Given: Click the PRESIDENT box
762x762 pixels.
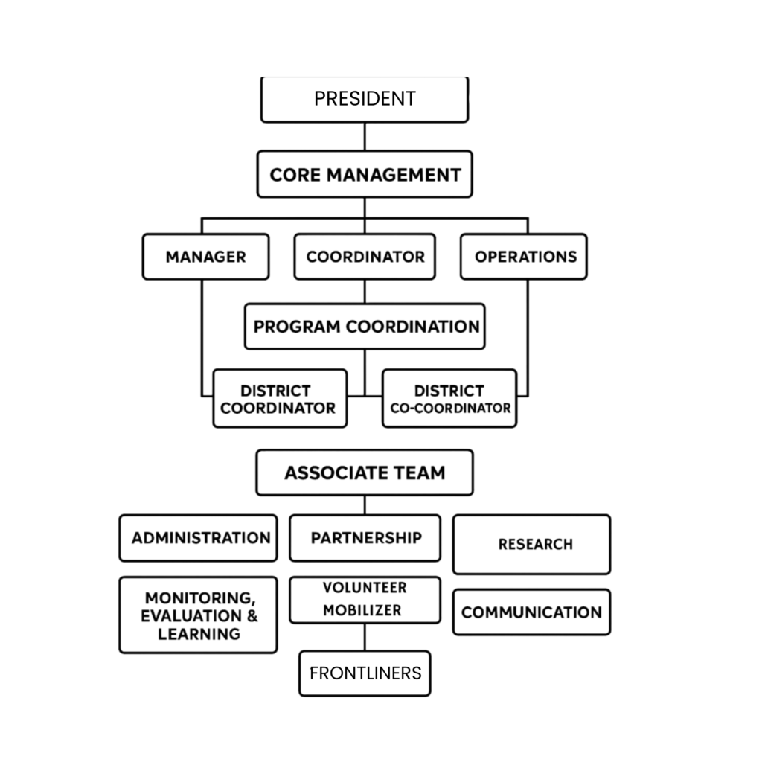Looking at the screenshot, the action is point(365,99).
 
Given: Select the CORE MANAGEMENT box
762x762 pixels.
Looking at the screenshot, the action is point(365,174).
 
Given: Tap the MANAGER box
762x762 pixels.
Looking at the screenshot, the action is point(205,257).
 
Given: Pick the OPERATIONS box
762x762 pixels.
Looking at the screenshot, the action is point(524,257).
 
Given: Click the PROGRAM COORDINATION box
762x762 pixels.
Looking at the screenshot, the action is point(365,327).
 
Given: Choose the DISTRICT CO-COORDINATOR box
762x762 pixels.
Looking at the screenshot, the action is point(449,399).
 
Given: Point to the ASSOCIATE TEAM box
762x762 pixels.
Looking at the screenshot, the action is point(365,473).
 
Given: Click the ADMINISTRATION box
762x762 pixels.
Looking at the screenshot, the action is point(198,538).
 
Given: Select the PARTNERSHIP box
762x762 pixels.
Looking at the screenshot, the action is point(365,538).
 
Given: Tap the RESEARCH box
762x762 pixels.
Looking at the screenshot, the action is point(531,544).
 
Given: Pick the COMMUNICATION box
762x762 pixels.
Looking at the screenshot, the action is point(531,612).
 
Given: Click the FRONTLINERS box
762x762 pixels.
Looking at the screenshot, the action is point(365,673).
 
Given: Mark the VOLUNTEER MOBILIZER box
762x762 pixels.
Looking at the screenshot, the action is point(365,600).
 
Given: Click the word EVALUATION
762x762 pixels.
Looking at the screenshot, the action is point(192,615).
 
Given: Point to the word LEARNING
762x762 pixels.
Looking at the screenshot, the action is point(199,634).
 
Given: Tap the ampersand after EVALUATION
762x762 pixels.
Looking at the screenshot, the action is point(252,615).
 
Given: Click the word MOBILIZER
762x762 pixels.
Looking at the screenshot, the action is point(362,610).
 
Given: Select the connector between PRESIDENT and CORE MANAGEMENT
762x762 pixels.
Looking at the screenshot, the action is point(365,137).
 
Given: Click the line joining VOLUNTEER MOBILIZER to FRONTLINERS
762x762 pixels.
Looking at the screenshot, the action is point(365,637).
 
